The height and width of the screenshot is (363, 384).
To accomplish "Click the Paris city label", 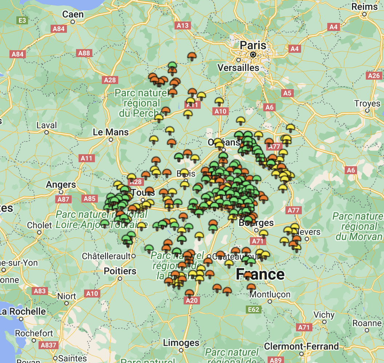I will pyautogui.click(x=253, y=45).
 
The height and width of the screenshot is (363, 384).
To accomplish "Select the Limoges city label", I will pyautogui.click(x=181, y=343).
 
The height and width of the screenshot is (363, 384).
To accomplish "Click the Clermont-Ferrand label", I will pyautogui.click(x=301, y=346).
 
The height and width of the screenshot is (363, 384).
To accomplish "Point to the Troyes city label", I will pyautogui.click(x=367, y=104).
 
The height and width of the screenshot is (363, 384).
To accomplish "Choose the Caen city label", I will pyautogui.click(x=73, y=15).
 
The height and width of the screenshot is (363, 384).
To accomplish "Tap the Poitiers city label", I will pyautogui.click(x=120, y=271).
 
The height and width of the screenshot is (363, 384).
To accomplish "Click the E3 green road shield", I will pyautogui.click(x=22, y=20).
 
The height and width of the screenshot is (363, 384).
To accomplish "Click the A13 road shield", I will pyautogui.click(x=183, y=25).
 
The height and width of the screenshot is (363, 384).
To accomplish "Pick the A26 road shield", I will pyautogui.click(x=374, y=76).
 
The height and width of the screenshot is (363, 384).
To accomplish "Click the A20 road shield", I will pyautogui.click(x=191, y=300).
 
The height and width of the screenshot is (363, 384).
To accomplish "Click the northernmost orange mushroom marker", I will pyautogui.click(x=192, y=56).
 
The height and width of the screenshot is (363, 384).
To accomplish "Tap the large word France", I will pyautogui.click(x=260, y=274).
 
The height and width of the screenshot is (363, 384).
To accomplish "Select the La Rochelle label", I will pyautogui.click(x=23, y=312).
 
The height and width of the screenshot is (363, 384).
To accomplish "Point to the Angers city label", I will pyautogui.click(x=61, y=185).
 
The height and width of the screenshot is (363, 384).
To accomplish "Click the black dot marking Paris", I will pyautogui.click(x=253, y=55).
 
